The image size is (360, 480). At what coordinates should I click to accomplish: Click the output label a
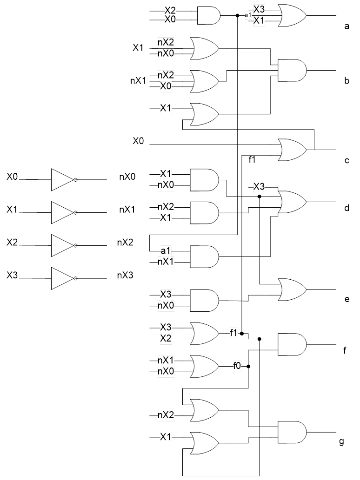pyautogui.click(x=347, y=26)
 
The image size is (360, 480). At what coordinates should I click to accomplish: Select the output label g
pyautogui.click(x=341, y=441)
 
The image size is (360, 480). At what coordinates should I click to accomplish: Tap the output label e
pyautogui.click(x=347, y=299)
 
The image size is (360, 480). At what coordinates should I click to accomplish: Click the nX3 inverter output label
pyautogui.click(x=125, y=275)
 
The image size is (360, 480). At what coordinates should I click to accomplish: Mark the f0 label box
pyautogui.click(x=237, y=366)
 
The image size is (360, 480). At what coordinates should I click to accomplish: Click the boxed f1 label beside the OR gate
pyautogui.click(x=234, y=333)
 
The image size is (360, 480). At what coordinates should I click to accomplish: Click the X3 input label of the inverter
pyautogui.click(x=12, y=275)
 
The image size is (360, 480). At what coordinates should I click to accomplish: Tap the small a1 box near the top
pyautogui.click(x=248, y=15)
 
